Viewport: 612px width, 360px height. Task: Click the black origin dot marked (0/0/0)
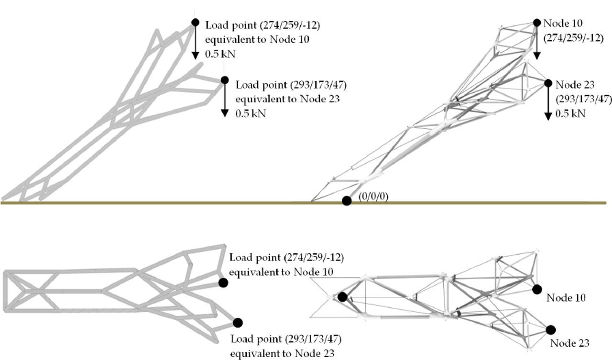(x=347, y=201)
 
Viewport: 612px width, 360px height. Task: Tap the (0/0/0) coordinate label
(x=373, y=197)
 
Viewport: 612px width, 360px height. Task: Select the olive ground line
(x=191, y=203)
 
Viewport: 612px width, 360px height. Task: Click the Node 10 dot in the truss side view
(x=536, y=22)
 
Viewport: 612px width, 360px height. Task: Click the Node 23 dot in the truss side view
(x=548, y=83)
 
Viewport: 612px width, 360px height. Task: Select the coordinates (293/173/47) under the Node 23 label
(x=583, y=99)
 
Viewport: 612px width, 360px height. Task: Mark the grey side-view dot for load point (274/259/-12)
(x=195, y=22)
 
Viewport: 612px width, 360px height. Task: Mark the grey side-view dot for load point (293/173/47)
(x=225, y=80)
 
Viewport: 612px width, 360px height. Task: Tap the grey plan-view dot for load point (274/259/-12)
(x=223, y=283)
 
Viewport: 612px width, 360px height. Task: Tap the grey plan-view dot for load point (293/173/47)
(x=238, y=322)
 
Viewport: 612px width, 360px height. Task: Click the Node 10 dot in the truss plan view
(x=536, y=288)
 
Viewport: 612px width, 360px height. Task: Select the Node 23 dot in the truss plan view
(x=550, y=329)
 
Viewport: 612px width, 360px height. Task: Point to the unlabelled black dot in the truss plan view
(x=342, y=297)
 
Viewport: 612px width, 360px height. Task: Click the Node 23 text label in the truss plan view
(x=569, y=343)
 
